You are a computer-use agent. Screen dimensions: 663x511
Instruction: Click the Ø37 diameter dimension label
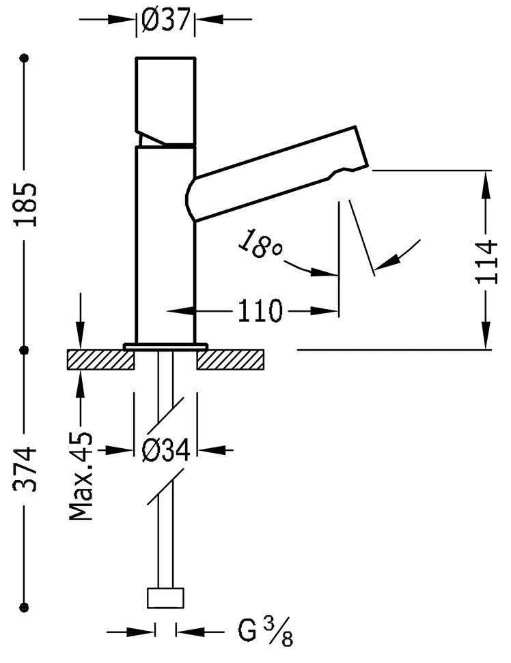tap(165, 20)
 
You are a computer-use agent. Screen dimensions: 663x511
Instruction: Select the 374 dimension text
tap(25, 470)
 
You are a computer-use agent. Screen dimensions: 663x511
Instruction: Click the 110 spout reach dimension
tap(260, 312)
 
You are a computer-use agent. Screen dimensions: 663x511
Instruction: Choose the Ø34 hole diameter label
tap(165, 450)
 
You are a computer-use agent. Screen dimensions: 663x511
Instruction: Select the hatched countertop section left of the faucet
tap(100, 359)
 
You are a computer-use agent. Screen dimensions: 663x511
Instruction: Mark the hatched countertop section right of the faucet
tap(230, 359)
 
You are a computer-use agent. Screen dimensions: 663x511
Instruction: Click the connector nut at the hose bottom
tap(166, 598)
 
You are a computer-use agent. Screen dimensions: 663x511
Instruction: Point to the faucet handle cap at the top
tap(166, 95)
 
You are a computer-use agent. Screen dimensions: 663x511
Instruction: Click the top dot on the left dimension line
tap(25, 59)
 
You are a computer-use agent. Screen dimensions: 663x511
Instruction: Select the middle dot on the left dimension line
tap(25, 350)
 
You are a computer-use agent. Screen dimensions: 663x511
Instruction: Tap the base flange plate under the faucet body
tap(165, 347)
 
